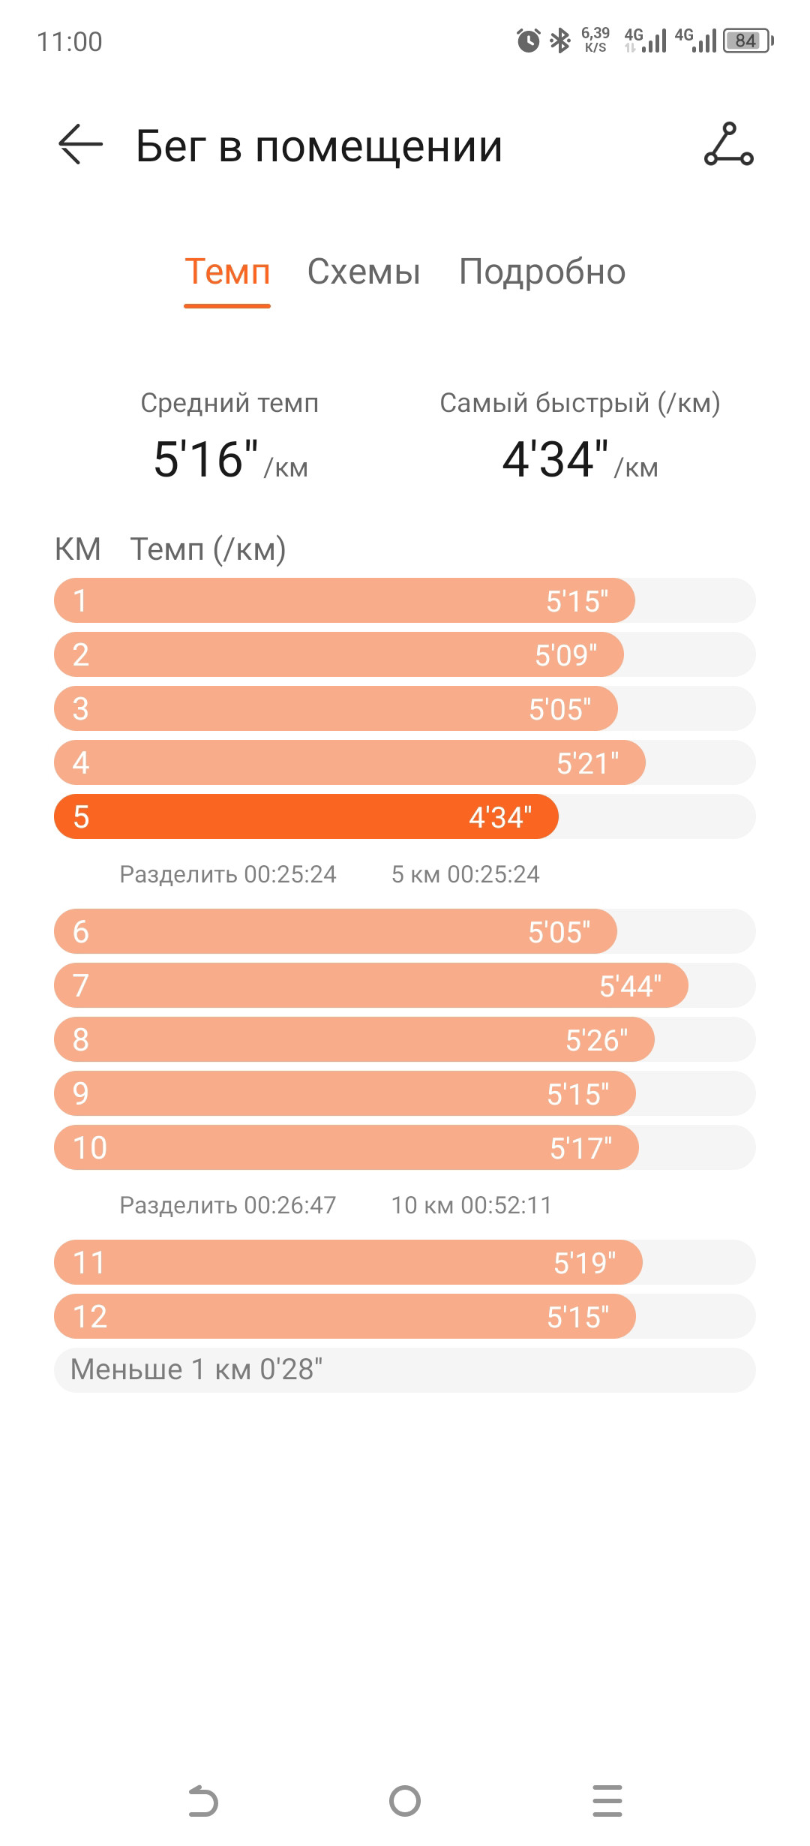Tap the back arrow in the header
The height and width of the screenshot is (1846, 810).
tap(80, 143)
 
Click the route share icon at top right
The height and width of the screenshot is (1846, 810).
tap(728, 144)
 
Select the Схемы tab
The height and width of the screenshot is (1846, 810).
tap(364, 272)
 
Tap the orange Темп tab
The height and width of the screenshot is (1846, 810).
tap(227, 272)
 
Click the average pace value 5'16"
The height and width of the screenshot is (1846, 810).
tap(205, 458)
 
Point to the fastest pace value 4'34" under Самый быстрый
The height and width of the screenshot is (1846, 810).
tap(555, 458)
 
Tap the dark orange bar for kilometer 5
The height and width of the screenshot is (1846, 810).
tap(306, 816)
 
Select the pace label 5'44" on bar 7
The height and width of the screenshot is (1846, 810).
tap(630, 986)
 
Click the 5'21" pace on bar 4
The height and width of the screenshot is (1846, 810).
tap(587, 763)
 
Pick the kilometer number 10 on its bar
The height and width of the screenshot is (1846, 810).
tap(90, 1148)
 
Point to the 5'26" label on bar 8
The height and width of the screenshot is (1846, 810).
tap(596, 1040)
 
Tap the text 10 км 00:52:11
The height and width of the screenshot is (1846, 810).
tap(471, 1205)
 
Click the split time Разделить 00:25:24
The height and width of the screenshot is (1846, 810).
tap(228, 874)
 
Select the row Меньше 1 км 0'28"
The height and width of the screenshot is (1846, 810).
tap(405, 1370)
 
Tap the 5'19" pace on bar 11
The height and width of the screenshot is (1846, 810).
tap(584, 1263)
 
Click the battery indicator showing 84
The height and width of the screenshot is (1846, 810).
tap(748, 41)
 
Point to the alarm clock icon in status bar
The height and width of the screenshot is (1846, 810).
tap(528, 40)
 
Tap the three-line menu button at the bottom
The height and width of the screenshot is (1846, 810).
tap(607, 1801)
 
